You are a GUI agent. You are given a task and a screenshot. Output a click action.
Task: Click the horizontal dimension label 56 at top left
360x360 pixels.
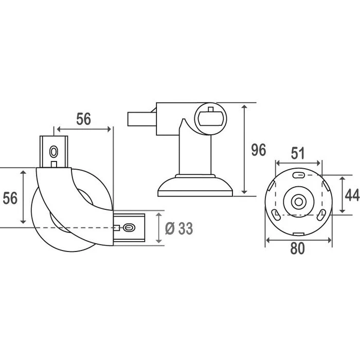click(x=83, y=119)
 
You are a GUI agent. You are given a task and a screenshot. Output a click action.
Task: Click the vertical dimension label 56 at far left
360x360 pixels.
click(x=10, y=198)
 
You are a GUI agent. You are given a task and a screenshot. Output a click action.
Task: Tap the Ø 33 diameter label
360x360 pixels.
click(x=179, y=228)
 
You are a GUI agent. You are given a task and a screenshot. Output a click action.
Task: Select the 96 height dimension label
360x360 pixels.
click(x=259, y=150)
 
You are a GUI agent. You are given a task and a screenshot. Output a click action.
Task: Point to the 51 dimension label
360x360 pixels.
click(x=298, y=153)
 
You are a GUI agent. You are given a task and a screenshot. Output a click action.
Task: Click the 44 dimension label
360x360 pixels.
click(x=352, y=195)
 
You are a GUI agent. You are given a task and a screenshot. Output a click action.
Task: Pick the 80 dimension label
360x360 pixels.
click(x=298, y=248)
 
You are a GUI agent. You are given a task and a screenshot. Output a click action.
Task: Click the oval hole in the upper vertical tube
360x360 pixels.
click(x=53, y=152)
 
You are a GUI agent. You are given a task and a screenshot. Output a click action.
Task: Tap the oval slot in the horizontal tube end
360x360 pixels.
click(x=129, y=228)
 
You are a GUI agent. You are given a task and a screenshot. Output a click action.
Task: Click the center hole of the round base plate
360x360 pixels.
click(x=299, y=202)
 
